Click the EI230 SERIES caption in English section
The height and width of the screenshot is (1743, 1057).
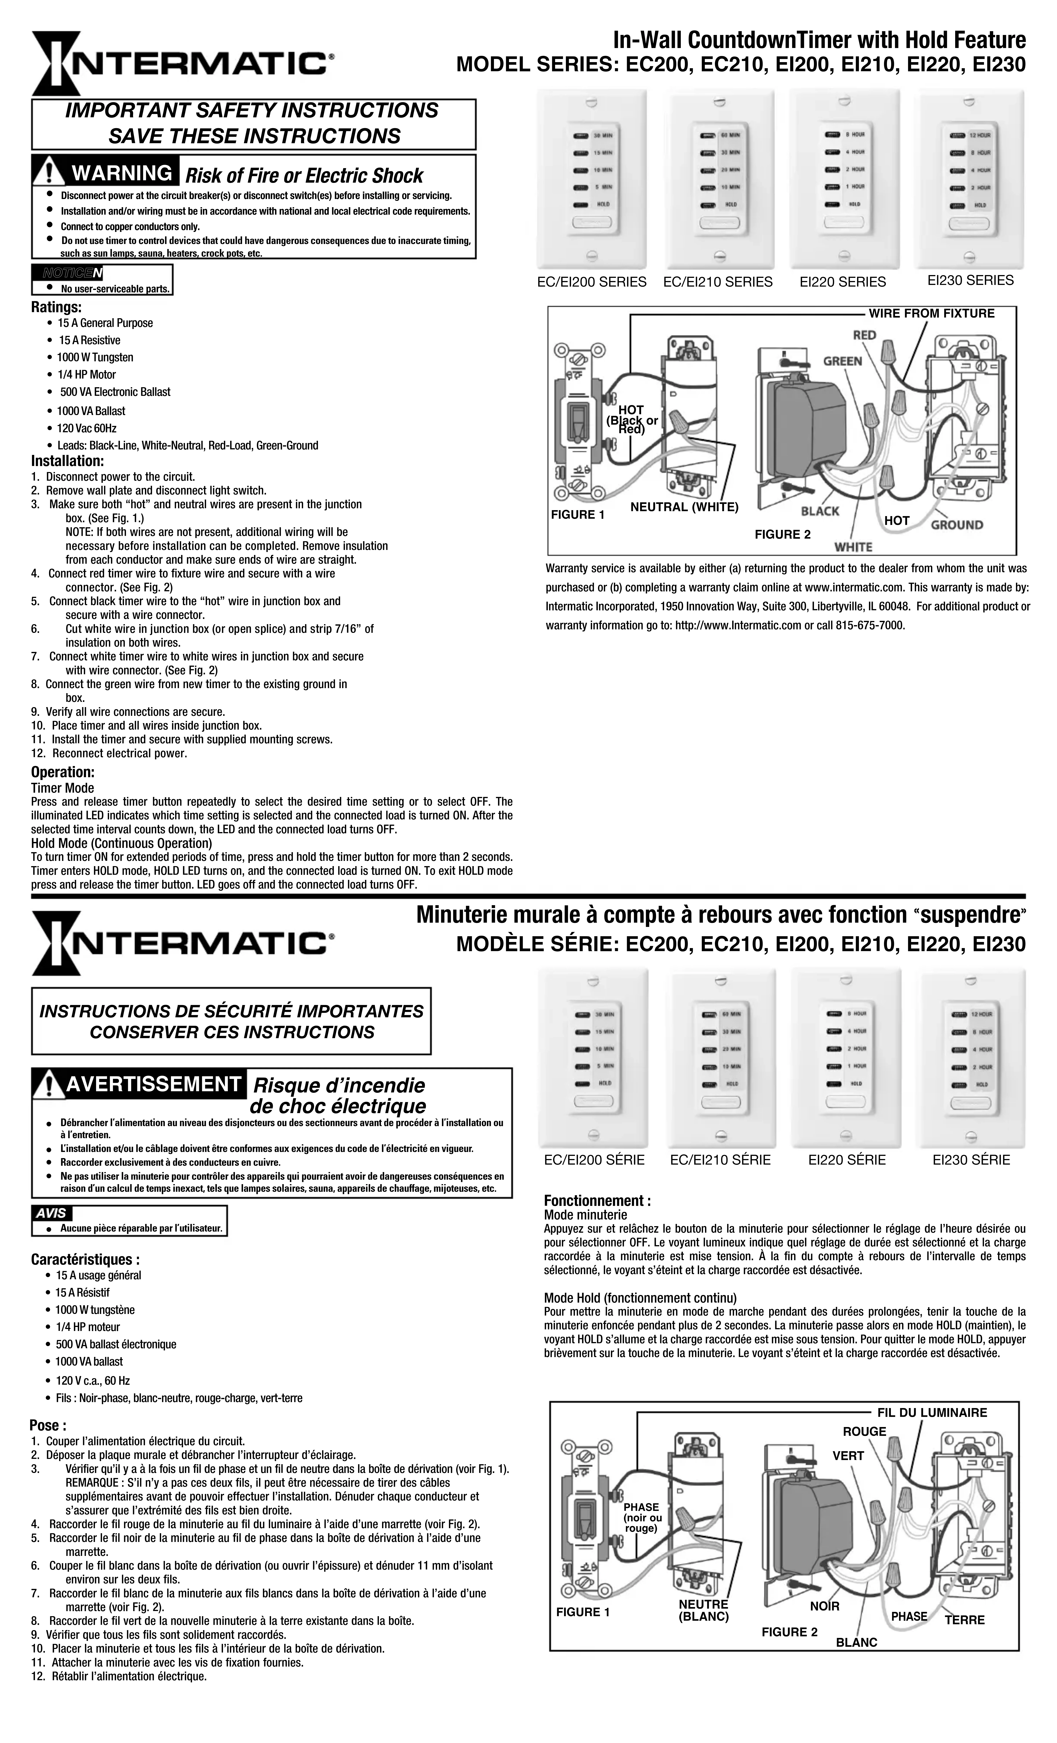tap(970, 280)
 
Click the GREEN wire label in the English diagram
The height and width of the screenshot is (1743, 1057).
tap(842, 362)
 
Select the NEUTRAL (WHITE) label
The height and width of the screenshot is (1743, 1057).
tap(684, 506)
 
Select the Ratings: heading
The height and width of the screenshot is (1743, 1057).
tap(56, 307)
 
